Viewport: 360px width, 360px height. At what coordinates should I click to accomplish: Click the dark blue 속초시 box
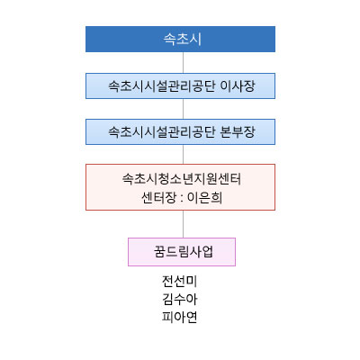click(180, 39)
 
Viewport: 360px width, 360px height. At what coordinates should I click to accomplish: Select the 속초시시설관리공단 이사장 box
click(180, 85)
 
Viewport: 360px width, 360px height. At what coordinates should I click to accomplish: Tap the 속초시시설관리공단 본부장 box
click(180, 131)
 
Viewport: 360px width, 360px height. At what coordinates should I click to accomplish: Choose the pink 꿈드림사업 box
click(182, 252)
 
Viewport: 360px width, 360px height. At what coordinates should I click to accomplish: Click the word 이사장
click(238, 86)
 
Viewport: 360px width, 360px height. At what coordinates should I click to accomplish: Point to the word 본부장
click(238, 132)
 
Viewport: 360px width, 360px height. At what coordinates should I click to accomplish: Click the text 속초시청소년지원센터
click(182, 179)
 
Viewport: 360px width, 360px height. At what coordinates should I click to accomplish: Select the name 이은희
click(205, 198)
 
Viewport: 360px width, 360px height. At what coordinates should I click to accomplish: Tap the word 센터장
click(158, 198)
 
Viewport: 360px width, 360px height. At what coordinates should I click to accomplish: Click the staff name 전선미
click(179, 281)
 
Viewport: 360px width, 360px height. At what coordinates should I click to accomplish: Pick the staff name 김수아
click(179, 299)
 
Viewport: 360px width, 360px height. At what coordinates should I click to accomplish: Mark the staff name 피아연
click(179, 317)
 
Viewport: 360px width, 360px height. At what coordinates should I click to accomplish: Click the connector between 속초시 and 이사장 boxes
click(183, 62)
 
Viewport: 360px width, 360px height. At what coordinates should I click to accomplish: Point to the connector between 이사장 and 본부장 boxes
click(183, 109)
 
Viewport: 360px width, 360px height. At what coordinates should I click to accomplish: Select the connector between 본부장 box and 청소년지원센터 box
click(183, 154)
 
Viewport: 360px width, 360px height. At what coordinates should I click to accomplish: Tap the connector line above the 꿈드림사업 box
click(183, 224)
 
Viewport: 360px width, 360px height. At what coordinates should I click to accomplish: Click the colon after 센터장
click(182, 199)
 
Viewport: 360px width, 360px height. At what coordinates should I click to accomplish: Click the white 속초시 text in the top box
click(182, 40)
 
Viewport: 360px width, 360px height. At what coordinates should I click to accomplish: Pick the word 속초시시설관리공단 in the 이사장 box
click(162, 86)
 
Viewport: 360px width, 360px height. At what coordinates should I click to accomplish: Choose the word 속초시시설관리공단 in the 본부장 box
click(162, 132)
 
